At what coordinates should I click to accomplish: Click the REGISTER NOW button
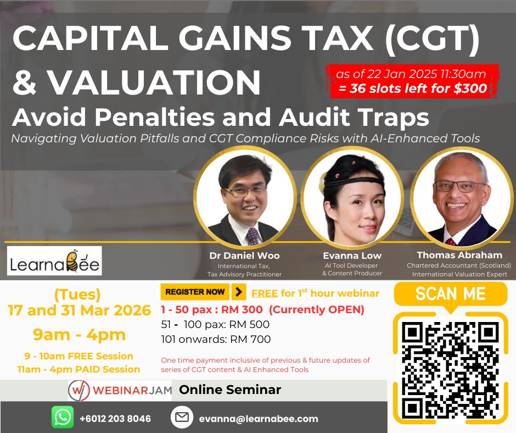pyautogui.click(x=195, y=292)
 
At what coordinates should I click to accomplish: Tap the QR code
pyautogui.click(x=450, y=370)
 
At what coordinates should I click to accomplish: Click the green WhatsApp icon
pyautogui.click(x=63, y=418)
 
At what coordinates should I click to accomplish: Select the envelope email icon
pyautogui.click(x=182, y=418)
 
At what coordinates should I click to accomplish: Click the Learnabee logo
pyautogui.click(x=54, y=260)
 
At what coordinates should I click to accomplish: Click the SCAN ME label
pyautogui.click(x=450, y=293)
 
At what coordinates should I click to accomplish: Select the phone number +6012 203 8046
pyautogui.click(x=115, y=418)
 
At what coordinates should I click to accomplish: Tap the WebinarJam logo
pyautogui.click(x=120, y=390)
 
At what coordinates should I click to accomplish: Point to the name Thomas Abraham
pyautogui.click(x=459, y=255)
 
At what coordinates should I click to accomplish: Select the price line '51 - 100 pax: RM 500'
pyautogui.click(x=215, y=324)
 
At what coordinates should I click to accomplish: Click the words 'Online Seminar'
pyautogui.click(x=230, y=390)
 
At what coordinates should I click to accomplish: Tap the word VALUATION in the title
pyautogui.click(x=154, y=82)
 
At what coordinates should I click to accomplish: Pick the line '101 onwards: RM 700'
pyautogui.click(x=216, y=339)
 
